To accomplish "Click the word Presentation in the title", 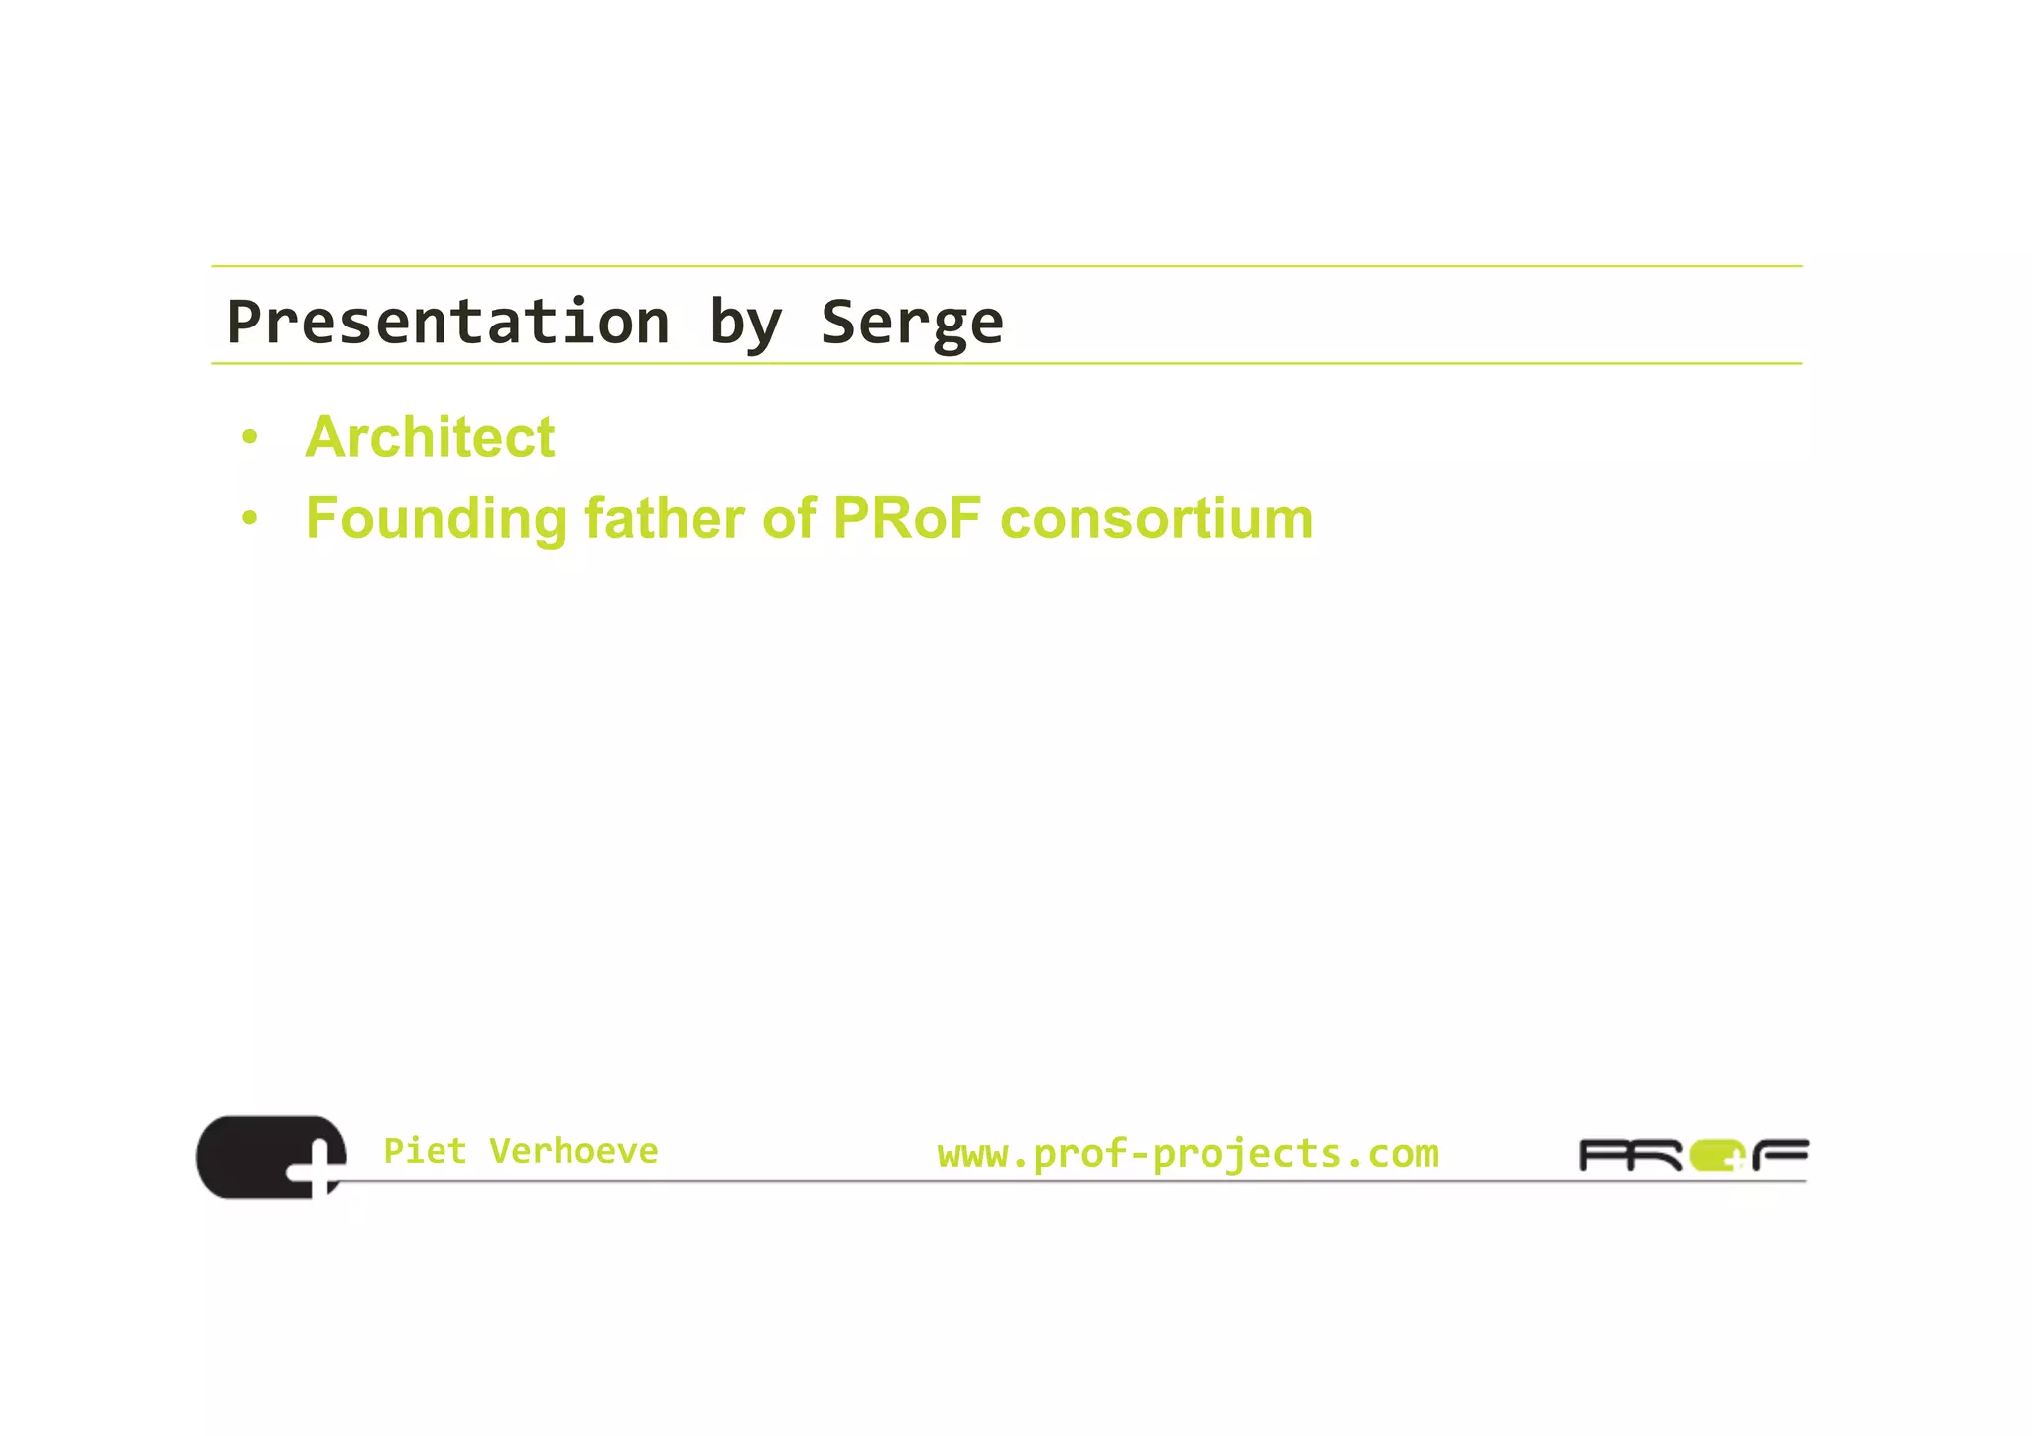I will [448, 323].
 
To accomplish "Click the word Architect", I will [430, 437].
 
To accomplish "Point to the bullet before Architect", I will [249, 437].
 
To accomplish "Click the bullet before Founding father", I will [249, 518].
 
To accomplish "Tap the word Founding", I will [436, 519].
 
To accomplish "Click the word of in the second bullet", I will [789, 518].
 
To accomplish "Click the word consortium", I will [1156, 518].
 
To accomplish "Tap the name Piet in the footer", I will [425, 1151].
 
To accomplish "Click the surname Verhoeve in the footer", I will [573, 1151].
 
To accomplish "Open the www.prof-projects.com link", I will [1187, 1153].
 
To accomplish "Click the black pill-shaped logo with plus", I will [258, 1156].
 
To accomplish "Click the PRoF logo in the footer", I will [1692, 1156].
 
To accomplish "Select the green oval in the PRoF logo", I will [1714, 1156].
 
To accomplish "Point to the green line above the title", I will [1006, 266].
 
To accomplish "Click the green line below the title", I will [1006, 364].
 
